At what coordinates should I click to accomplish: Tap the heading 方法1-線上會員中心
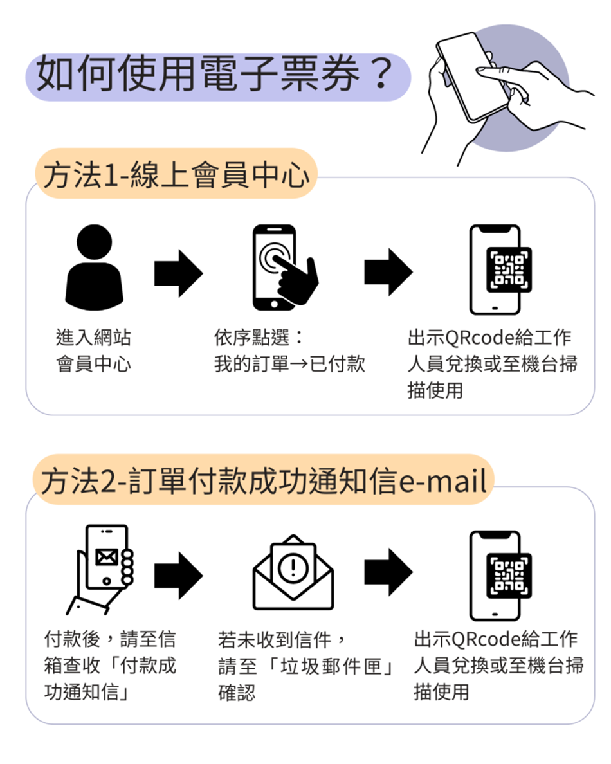coord(176,174)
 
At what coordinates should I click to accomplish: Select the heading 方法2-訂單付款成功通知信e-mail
coord(264,480)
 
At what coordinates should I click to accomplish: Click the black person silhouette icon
coord(94,268)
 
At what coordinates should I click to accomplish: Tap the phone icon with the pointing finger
coord(284,268)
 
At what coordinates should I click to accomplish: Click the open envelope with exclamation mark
coord(293,572)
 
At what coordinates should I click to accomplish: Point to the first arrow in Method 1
coord(178,273)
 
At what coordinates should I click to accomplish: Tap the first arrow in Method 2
coord(178,576)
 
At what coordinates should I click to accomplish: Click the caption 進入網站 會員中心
coord(93,350)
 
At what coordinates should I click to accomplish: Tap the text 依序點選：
coord(259,337)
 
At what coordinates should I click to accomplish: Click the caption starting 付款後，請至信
coord(110,665)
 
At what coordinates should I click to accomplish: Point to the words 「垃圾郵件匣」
coord(331,666)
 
